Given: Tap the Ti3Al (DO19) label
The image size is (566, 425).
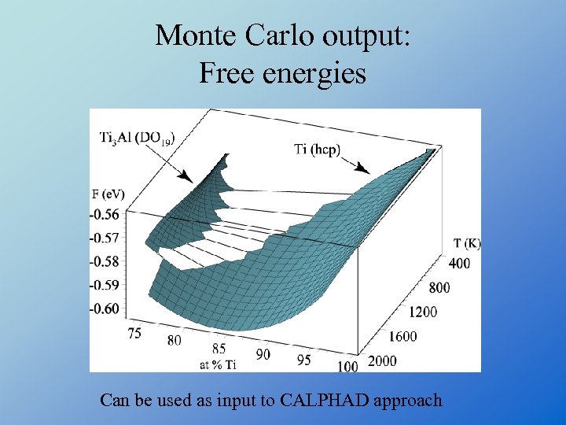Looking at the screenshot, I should (137, 139).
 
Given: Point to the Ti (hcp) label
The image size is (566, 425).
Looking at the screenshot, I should (317, 149).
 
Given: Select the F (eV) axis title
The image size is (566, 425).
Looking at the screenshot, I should (108, 194).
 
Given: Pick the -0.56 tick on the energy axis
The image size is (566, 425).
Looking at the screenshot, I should (105, 214).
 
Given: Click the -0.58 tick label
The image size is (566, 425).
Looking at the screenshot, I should (105, 261).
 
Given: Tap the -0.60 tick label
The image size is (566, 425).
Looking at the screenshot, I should (105, 308).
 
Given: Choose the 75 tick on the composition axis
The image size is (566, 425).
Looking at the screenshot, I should (134, 333).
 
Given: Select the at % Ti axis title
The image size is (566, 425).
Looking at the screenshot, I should (218, 364).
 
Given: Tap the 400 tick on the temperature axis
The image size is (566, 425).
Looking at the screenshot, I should (459, 263).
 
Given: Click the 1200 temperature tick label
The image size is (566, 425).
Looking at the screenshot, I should (422, 312).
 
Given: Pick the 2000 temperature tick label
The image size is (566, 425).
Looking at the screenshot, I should (381, 360).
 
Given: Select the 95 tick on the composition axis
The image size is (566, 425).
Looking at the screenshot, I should (303, 360).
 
